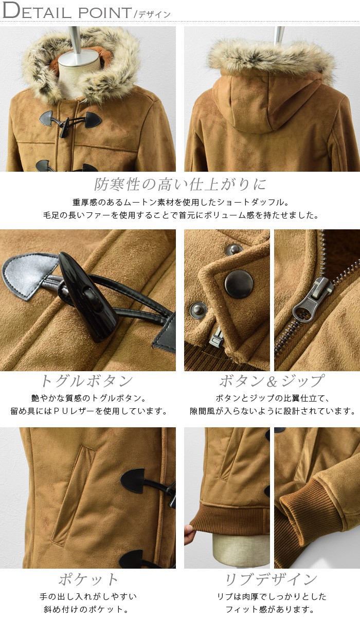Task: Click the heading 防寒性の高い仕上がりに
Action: pyautogui.click(x=180, y=184)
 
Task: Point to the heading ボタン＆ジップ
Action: pyautogui.click(x=272, y=381)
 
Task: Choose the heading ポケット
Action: pyautogui.click(x=88, y=579)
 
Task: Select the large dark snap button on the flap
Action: pyautogui.click(x=239, y=284)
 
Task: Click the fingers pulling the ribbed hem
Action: pyautogui.click(x=188, y=534)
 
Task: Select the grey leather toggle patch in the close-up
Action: pyautogui.click(x=29, y=276)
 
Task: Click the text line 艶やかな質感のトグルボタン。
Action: pyautogui.click(x=88, y=398)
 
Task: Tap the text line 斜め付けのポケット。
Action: pyautogui.click(x=88, y=609)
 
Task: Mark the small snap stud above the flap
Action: pyautogui.click(x=233, y=250)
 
